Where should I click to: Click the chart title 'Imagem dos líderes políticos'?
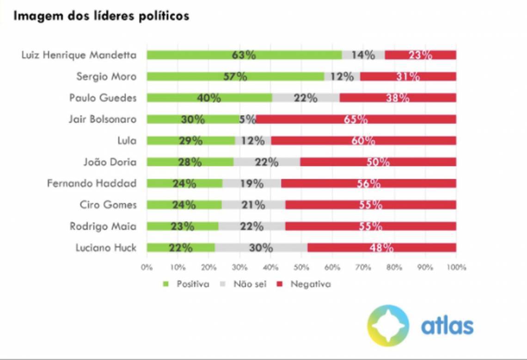(x=101, y=16)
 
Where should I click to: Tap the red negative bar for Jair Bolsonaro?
(x=356, y=119)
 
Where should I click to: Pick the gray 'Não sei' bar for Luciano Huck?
(x=261, y=248)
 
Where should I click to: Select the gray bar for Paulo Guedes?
(x=306, y=98)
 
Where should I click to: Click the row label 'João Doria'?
(x=110, y=162)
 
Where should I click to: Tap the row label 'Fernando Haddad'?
(x=92, y=183)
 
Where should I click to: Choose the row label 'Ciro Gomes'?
(x=108, y=205)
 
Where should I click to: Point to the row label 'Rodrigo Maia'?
(x=103, y=226)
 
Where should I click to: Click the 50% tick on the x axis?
(x=301, y=267)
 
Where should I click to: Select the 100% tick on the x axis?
(x=456, y=267)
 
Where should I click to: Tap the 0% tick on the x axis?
(x=147, y=267)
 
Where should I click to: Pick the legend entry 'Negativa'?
(x=310, y=284)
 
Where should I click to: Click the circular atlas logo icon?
(x=388, y=325)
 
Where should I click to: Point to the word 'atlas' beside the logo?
(x=447, y=325)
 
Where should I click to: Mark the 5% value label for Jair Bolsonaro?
(x=248, y=119)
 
